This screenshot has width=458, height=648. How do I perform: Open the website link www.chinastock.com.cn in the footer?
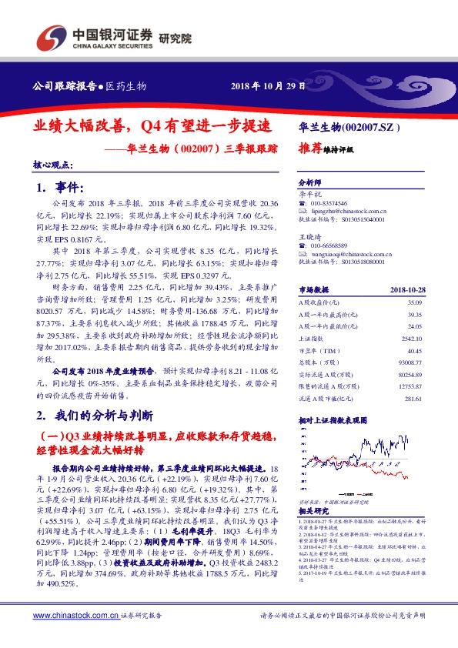tap(76, 616)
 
